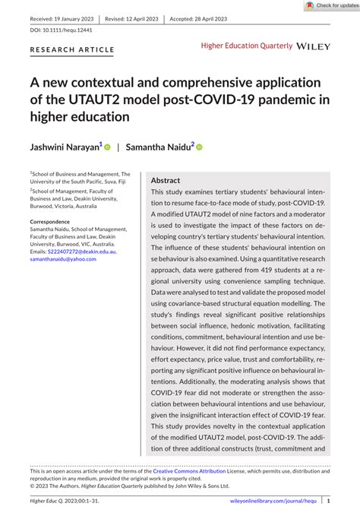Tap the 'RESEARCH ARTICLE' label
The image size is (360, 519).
click(x=72, y=50)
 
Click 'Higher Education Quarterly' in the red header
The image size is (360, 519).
click(x=247, y=46)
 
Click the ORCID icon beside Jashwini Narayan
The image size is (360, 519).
click(x=107, y=148)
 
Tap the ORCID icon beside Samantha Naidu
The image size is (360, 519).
click(x=200, y=148)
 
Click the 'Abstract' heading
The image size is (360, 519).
click(x=166, y=181)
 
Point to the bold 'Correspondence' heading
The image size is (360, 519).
click(x=55, y=221)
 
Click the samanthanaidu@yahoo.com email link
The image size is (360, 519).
click(x=65, y=259)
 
